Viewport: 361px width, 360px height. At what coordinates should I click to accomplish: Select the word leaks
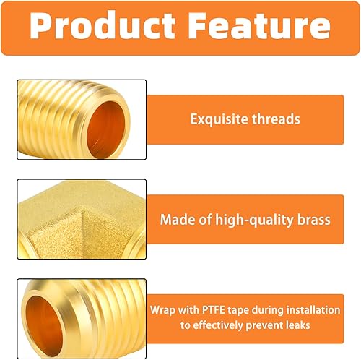[x=297, y=325]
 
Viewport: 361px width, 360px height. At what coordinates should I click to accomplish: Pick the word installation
[x=311, y=310]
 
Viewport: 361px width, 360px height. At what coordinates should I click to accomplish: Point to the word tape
[x=232, y=310]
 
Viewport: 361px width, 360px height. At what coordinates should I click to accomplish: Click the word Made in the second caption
[x=175, y=219]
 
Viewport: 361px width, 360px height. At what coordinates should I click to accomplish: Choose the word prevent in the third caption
[x=260, y=325]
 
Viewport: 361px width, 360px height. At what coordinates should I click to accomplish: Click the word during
[x=264, y=310]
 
